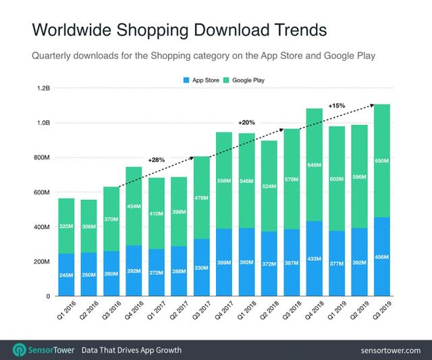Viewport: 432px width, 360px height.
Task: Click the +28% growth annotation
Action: tap(156, 160)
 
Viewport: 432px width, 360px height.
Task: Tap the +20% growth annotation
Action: tap(246, 123)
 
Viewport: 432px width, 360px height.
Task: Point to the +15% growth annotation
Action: tap(337, 106)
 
